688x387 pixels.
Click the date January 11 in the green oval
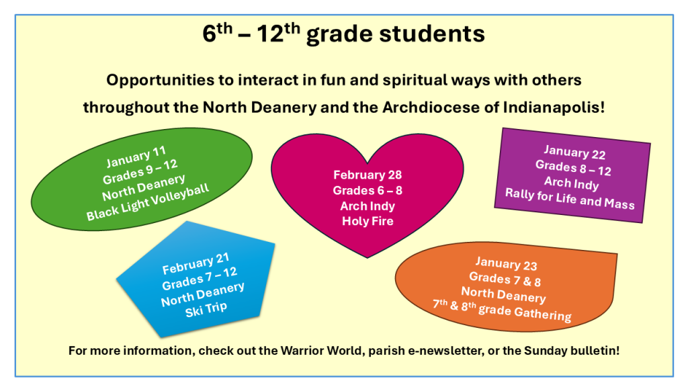click(136, 157)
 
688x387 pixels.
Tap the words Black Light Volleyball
click(147, 202)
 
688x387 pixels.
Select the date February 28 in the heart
click(368, 175)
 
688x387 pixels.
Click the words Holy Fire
click(368, 220)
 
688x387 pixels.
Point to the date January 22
click(574, 153)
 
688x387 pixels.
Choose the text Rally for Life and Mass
click(570, 199)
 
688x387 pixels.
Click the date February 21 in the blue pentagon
click(196, 263)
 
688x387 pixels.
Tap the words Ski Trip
click(206, 309)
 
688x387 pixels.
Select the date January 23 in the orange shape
click(507, 263)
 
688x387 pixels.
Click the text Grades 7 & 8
click(505, 279)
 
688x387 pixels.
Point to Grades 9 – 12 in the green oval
click(140, 171)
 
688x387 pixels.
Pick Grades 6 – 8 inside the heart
click(368, 190)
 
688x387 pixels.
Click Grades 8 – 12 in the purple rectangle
click(573, 168)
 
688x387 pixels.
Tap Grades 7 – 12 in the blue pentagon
click(200, 279)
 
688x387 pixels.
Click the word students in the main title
click(432, 34)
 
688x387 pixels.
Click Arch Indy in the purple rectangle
click(572, 183)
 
